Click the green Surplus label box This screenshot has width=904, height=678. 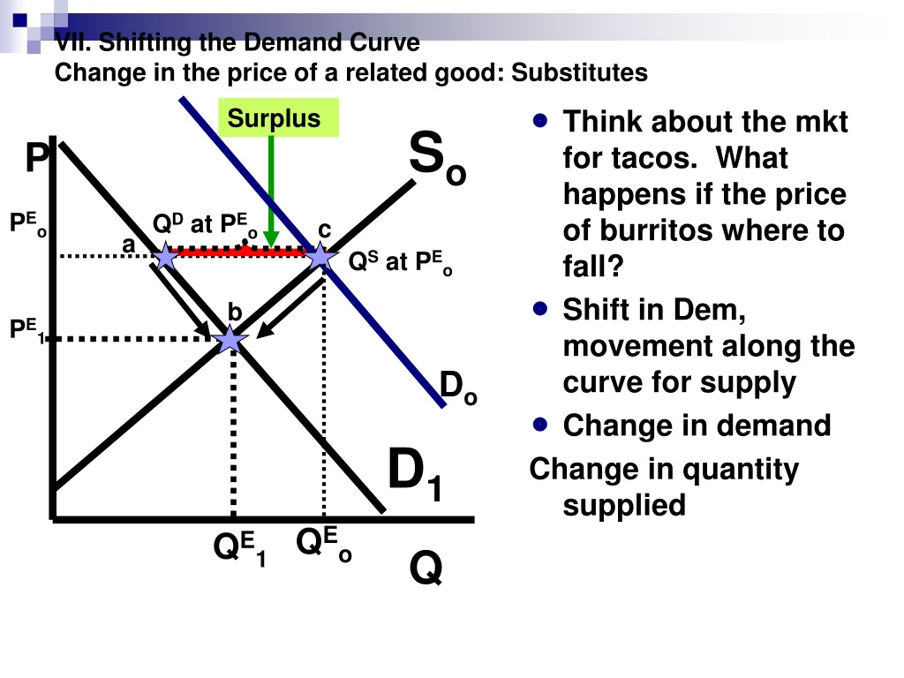[x=278, y=117]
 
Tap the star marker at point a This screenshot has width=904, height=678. [x=165, y=256]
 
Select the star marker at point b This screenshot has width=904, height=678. [x=230, y=339]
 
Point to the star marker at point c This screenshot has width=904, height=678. [x=320, y=256]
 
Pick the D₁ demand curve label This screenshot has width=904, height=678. [x=415, y=475]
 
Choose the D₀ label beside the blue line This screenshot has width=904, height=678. [x=458, y=388]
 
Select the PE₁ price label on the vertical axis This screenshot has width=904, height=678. [x=27, y=330]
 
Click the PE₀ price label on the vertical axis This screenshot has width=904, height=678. [x=27, y=223]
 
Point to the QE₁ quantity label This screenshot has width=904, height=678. [x=239, y=549]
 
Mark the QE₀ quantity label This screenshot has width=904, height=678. [x=323, y=544]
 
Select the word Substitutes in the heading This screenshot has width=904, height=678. [x=579, y=73]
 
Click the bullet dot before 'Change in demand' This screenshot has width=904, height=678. [x=540, y=425]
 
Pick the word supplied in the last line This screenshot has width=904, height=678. [x=624, y=506]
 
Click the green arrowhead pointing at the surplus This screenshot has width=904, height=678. [x=271, y=238]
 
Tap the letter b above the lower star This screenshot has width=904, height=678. [x=235, y=312]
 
